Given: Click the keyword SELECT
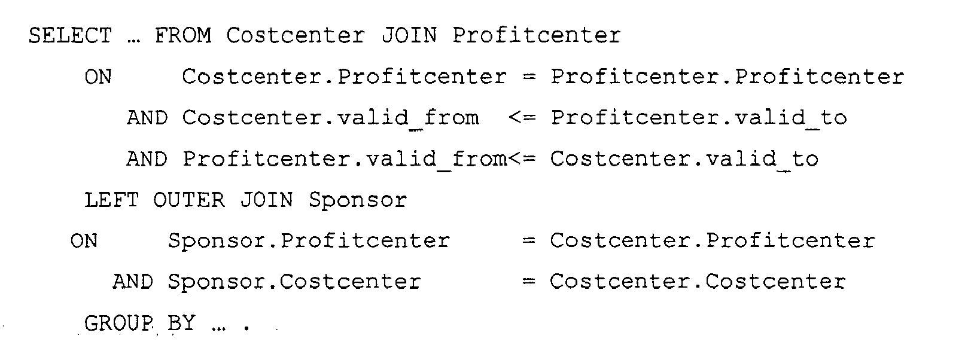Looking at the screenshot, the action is [x=70, y=35].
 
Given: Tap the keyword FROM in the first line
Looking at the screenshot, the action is [x=183, y=35].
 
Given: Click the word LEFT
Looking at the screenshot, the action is [x=111, y=200].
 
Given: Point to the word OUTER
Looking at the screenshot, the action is [x=189, y=200].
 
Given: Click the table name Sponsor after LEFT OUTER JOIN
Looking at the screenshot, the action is [x=358, y=200].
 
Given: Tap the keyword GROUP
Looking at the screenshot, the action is [x=119, y=323].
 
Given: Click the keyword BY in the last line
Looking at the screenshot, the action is [x=181, y=323].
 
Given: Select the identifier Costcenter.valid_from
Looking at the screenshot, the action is [x=330, y=118].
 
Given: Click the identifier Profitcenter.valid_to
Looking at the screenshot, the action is [x=698, y=118].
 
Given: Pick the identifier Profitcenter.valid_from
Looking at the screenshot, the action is [x=345, y=159].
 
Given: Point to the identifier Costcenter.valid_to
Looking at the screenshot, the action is [x=684, y=159].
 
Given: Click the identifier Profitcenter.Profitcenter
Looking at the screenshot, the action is [x=727, y=77].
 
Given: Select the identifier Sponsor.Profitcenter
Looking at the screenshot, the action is [x=309, y=241].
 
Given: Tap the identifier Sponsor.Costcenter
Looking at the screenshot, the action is [x=294, y=282].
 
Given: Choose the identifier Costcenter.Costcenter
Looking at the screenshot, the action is [x=698, y=282].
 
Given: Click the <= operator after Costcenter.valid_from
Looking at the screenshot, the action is [x=522, y=118].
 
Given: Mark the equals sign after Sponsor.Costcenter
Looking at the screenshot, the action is [x=529, y=282].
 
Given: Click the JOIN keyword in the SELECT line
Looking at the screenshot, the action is [x=409, y=35].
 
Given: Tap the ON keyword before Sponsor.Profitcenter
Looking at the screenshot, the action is [x=84, y=241].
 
